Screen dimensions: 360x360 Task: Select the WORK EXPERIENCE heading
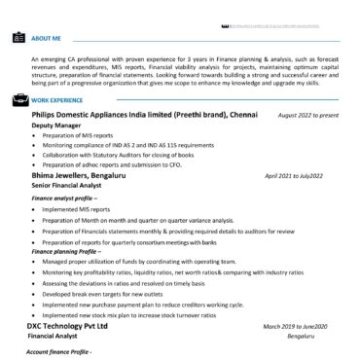tap(57, 100)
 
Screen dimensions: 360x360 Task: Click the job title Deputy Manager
tap(54, 126)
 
